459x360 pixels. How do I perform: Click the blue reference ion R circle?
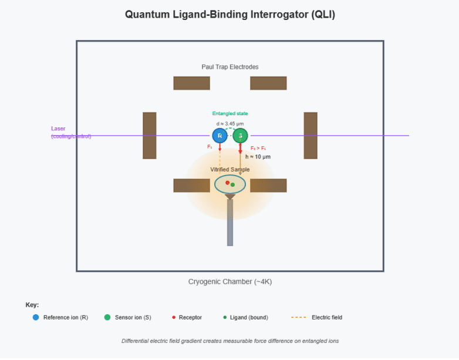click(x=220, y=136)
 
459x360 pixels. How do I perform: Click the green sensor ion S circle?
click(x=240, y=136)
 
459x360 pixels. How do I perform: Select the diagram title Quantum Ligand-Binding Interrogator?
click(x=230, y=15)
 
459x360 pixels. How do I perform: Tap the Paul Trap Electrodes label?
click(x=230, y=67)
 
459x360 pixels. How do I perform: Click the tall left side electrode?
click(x=150, y=136)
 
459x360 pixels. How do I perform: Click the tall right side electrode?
click(x=310, y=136)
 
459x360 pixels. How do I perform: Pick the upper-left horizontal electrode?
click(x=191, y=83)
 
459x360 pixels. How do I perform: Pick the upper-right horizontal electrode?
click(x=268, y=83)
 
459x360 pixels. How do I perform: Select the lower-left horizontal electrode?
click(x=191, y=186)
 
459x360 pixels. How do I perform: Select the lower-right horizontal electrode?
click(x=268, y=186)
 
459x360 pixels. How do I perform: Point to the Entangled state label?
click(x=230, y=113)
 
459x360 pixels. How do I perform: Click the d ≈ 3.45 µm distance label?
click(x=230, y=123)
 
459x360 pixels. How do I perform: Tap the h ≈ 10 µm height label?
click(x=258, y=157)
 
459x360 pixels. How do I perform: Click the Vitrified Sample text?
click(x=230, y=170)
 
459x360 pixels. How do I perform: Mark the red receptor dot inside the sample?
click(x=227, y=183)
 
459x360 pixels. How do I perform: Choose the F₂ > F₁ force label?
click(x=258, y=148)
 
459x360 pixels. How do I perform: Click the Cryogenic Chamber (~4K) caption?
click(x=230, y=282)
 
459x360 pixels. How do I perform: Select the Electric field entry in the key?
click(x=326, y=318)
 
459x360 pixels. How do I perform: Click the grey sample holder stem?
click(x=230, y=223)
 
